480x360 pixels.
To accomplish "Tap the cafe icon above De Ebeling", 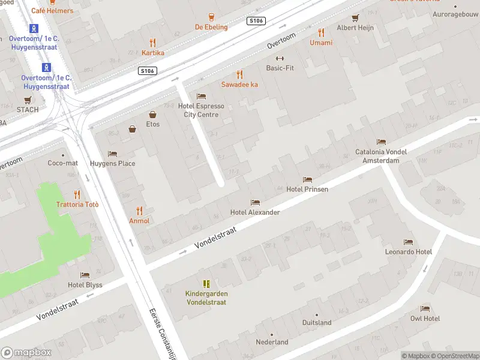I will [x=211, y=17].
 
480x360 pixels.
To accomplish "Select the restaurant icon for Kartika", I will [x=152, y=43].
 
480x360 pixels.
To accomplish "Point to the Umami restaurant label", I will [x=321, y=43].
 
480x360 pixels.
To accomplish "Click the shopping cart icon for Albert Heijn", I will [x=355, y=17].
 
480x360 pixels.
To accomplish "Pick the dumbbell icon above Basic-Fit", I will [x=280, y=58].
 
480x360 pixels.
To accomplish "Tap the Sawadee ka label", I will [x=239, y=85].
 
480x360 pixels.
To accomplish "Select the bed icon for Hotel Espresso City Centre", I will [x=201, y=97].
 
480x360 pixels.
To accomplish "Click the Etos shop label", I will [x=153, y=125].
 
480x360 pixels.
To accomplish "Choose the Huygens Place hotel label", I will [x=112, y=163].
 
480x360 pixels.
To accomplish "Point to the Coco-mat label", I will [x=62, y=163].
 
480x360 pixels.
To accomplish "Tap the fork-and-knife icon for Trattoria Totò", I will [x=77, y=194].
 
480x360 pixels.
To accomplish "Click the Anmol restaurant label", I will [x=139, y=221].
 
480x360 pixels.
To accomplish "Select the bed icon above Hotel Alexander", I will [x=255, y=203].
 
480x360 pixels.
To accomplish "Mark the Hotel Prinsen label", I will [x=307, y=189].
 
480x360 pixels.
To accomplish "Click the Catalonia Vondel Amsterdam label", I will [x=381, y=156].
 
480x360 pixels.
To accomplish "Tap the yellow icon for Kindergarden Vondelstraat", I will [x=206, y=284].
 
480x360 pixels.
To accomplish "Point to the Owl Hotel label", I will [x=425, y=319].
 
